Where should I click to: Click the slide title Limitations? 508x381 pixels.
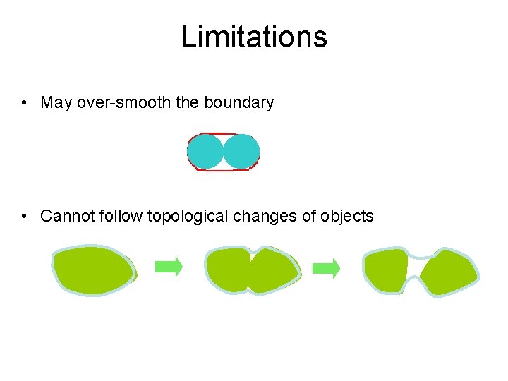click(254, 37)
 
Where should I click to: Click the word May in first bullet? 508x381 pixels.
click(56, 103)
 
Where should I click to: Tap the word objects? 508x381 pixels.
click(346, 216)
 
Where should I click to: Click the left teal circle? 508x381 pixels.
click(205, 152)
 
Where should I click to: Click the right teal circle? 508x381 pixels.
click(241, 152)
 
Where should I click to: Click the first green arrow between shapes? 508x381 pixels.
click(169, 267)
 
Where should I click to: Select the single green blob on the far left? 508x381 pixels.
click(92, 270)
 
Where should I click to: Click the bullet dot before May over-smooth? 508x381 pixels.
click(25, 103)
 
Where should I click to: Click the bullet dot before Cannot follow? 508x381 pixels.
click(25, 216)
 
